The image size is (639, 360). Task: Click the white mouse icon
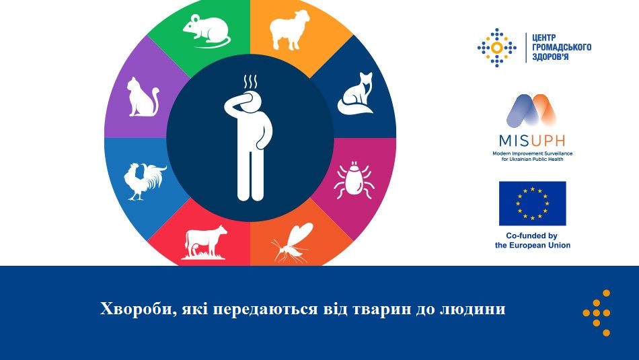click(206, 31)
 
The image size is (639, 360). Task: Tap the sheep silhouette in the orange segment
click(289, 30)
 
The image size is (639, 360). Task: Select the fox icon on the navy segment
click(355, 94)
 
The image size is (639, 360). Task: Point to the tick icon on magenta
click(354, 180)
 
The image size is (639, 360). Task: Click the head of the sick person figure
click(250, 102)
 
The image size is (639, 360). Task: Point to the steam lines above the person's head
click(250, 82)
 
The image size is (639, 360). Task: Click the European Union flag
click(532, 203)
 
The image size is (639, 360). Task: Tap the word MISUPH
click(532, 141)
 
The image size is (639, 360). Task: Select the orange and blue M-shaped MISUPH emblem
click(531, 110)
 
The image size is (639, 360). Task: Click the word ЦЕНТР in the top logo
click(544, 38)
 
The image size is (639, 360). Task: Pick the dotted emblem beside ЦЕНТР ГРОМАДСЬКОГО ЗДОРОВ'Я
click(497, 48)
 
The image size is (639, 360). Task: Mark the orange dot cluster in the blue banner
click(597, 313)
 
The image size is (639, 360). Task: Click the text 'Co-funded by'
click(531, 236)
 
